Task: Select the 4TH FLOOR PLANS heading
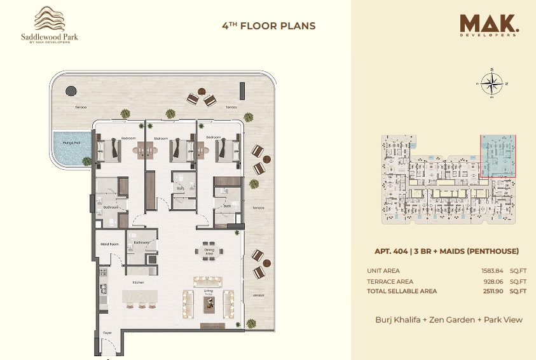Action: pyautogui.click(x=268, y=26)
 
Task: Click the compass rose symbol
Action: pyautogui.click(x=491, y=83)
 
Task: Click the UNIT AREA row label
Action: pyautogui.click(x=383, y=271)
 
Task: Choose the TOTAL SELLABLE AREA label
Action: pyautogui.click(x=402, y=291)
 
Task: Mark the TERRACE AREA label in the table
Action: pyautogui.click(x=390, y=281)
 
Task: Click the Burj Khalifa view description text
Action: pyautogui.click(x=448, y=319)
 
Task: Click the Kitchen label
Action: pyautogui.click(x=138, y=282)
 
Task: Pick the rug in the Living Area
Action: pyautogui.click(x=209, y=304)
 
